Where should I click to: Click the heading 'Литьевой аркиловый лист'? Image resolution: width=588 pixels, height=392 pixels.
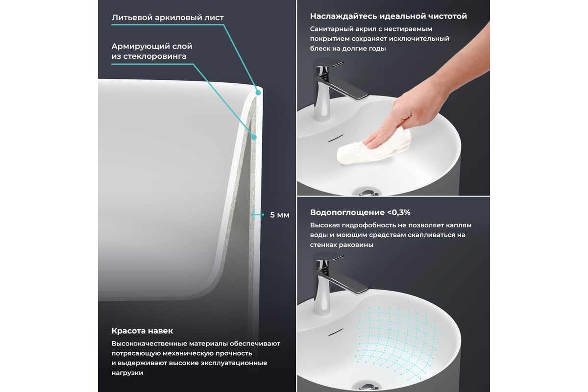(168, 18)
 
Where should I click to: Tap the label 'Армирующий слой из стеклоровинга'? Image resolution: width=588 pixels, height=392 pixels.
(152, 51)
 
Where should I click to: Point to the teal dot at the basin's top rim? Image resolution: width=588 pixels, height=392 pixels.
(258, 93)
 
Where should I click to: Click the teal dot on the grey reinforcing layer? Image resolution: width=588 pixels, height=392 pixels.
(254, 137)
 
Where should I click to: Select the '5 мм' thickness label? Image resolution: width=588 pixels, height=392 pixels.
(280, 215)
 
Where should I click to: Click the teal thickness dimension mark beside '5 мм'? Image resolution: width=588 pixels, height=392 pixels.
(257, 215)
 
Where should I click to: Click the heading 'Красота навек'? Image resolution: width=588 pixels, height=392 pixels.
(142, 331)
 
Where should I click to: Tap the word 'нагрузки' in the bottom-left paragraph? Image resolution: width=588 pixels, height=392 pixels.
(127, 373)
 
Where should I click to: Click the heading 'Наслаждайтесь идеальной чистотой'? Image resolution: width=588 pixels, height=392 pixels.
(389, 16)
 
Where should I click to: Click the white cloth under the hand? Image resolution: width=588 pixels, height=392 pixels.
(374, 147)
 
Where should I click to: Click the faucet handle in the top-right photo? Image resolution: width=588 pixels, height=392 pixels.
(329, 63)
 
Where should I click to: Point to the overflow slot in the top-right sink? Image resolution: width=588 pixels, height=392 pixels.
(336, 138)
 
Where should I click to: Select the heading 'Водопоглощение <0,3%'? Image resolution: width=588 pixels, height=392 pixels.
(360, 212)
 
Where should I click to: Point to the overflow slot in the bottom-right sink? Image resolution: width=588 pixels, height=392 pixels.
(336, 332)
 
